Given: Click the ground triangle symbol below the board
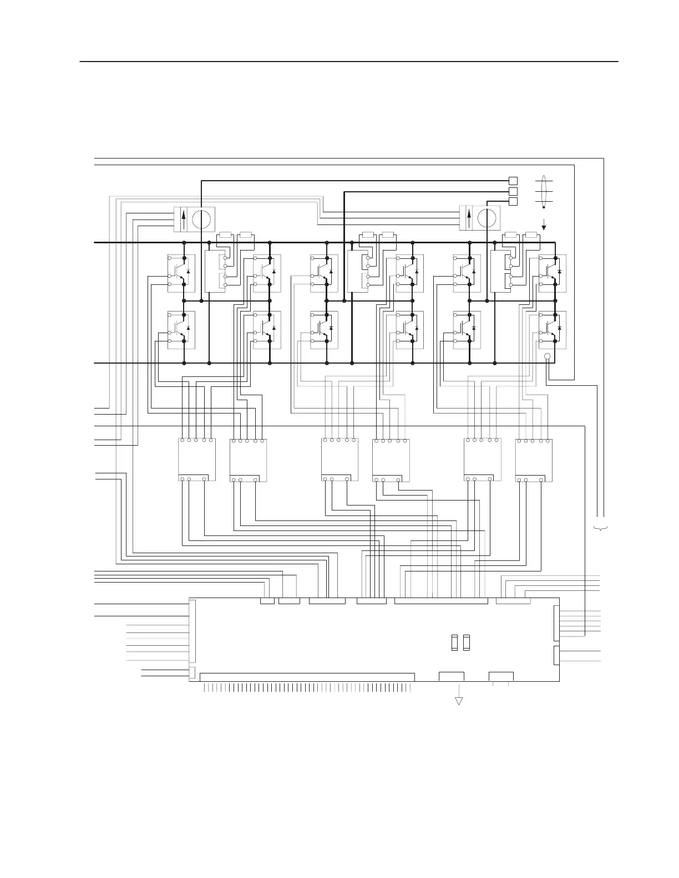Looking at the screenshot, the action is [459, 701].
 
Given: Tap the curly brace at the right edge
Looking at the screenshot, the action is [601, 527].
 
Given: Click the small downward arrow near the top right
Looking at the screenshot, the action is [544, 224].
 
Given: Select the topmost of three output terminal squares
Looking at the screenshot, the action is [513, 181].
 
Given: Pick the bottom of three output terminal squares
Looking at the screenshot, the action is [513, 201].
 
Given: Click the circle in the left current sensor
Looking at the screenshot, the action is [202, 219].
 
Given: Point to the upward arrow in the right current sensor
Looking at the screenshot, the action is [469, 218].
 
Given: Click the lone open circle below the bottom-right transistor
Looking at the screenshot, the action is [547, 357].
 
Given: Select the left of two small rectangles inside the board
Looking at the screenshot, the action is [454, 642].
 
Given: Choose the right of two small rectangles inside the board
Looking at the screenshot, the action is [467, 642].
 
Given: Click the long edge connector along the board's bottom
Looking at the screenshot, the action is [307, 677].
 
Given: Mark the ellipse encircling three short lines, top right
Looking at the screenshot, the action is [544, 191].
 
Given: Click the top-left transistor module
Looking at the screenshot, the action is [181, 273].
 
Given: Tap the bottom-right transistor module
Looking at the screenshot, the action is [553, 330].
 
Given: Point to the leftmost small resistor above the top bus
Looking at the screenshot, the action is [225, 237].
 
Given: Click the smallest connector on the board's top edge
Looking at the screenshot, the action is [267, 601].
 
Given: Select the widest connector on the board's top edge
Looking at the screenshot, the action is [441, 601].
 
